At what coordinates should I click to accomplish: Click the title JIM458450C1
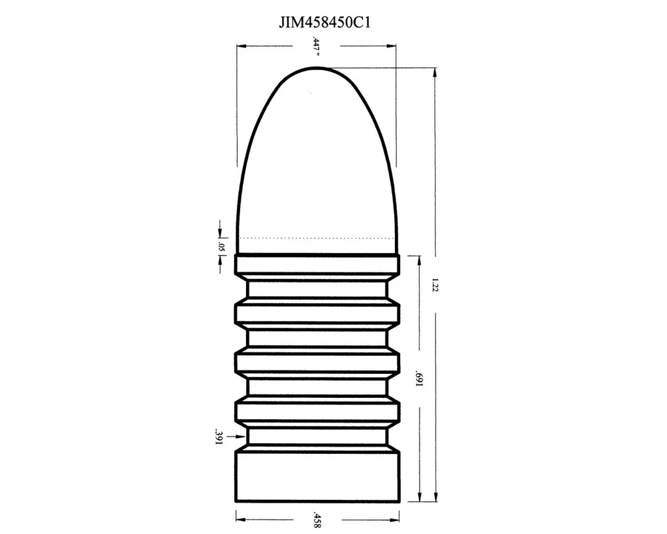325,23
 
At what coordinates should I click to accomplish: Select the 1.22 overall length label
435,285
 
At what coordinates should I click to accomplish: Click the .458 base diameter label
316,519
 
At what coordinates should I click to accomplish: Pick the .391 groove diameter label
219,437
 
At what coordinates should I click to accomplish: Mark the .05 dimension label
220,247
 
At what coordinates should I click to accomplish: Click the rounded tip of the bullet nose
315,67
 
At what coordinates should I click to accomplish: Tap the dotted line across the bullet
317,238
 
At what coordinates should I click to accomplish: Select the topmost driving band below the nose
317,264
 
